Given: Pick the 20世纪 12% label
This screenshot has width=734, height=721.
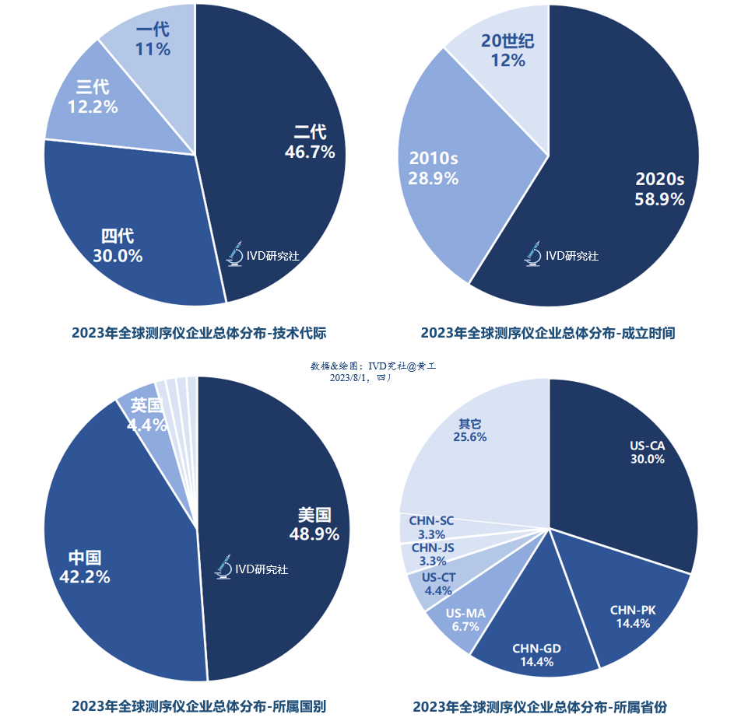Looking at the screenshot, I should tap(507, 50).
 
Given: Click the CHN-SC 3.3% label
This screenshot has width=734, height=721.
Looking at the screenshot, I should tap(431, 527).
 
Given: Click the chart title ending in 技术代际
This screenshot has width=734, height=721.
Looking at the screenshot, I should tap(198, 333).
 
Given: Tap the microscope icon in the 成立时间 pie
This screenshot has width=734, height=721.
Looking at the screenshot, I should tap(533, 255).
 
